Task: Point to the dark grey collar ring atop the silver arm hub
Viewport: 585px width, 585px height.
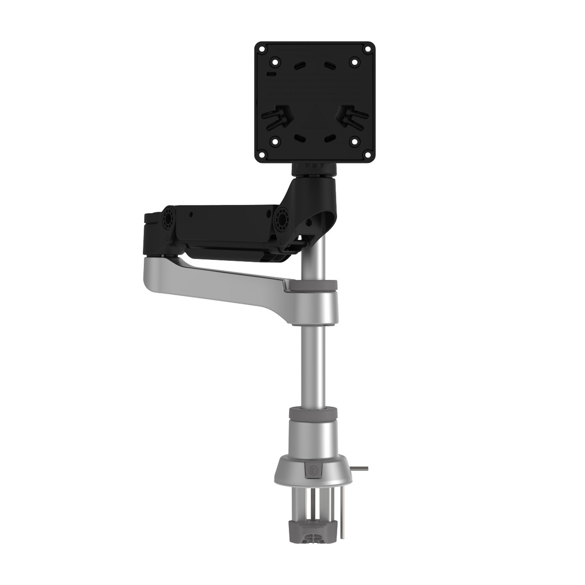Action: [315, 285]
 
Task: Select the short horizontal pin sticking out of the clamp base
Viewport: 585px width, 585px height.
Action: [360, 469]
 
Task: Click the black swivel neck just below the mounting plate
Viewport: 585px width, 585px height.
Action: [315, 170]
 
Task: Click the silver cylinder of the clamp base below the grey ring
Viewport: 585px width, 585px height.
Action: [314, 436]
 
